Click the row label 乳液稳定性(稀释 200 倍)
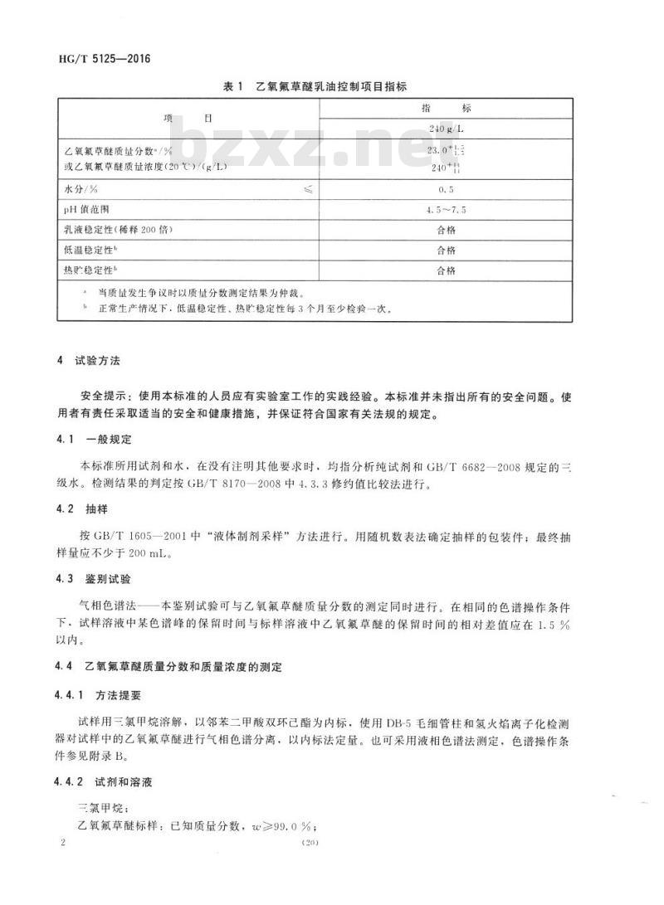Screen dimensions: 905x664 tap(118, 230)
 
